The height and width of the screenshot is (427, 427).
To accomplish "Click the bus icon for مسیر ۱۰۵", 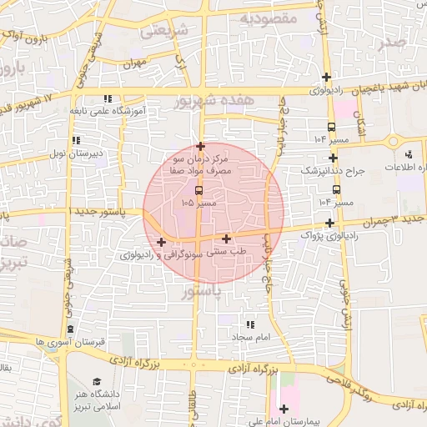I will [198, 191].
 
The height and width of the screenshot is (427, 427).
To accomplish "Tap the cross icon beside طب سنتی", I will [227, 239].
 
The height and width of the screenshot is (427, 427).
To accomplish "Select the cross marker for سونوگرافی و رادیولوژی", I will [161, 243].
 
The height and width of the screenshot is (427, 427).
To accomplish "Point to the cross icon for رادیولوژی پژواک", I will [331, 223].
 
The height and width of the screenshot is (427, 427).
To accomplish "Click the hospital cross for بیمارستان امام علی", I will [284, 409].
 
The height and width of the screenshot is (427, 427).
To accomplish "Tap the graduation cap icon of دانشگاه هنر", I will [109, 382].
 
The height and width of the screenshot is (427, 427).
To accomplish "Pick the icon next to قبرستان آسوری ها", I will [70, 329].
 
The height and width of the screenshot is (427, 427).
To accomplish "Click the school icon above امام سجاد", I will [249, 324].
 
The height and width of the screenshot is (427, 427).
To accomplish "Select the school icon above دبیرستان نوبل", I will [76, 140].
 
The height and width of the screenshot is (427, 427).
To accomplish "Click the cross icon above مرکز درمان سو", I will [200, 145].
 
